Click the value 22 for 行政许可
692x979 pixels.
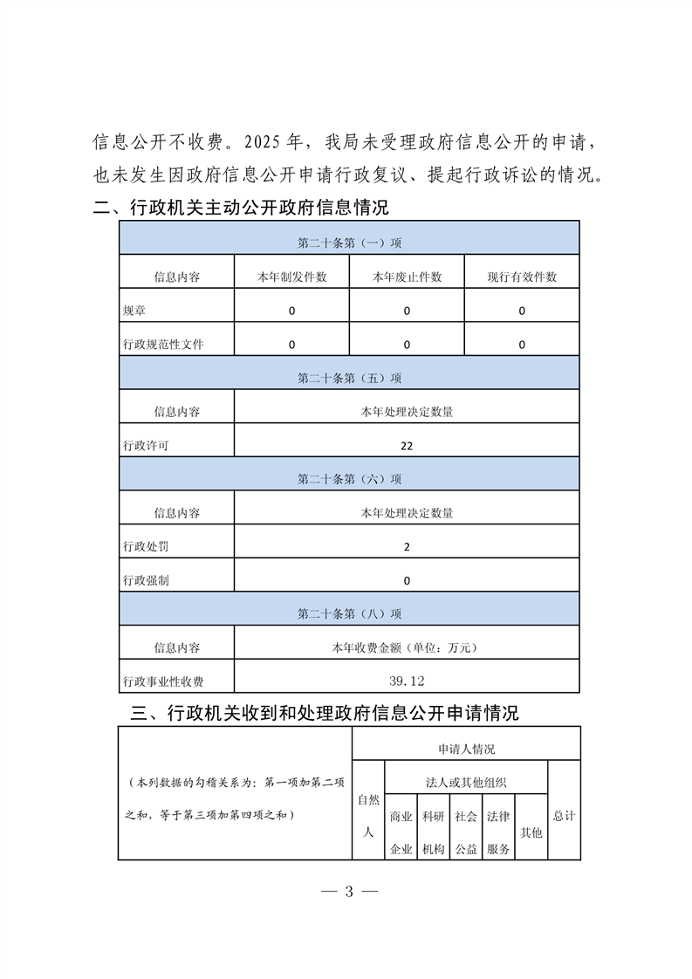click(407, 445)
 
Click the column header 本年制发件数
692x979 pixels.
click(291, 277)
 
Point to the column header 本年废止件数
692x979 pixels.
click(407, 277)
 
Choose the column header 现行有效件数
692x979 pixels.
click(522, 277)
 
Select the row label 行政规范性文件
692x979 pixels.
click(164, 345)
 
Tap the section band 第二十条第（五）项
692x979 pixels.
click(349, 378)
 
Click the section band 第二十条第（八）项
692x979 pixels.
click(349, 613)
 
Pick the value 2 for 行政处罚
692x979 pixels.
click(407, 547)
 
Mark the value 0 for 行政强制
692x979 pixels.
click(407, 580)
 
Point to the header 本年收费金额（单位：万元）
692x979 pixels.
click(407, 647)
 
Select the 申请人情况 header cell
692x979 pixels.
click(466, 749)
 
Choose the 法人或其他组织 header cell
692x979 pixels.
click(466, 782)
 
